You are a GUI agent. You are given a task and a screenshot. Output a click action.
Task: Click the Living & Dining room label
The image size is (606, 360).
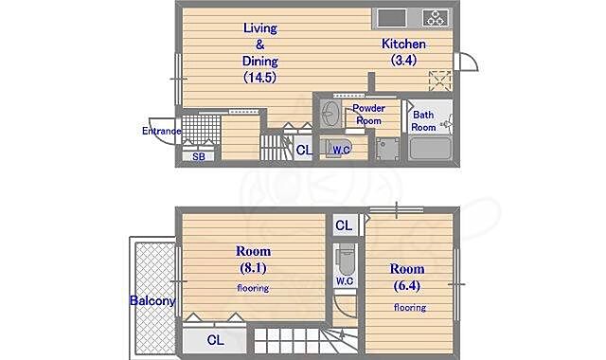(260, 53)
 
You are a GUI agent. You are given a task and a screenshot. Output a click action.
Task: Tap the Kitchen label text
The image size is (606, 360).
(404, 44)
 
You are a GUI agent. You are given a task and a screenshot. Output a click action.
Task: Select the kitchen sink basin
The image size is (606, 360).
(391, 18)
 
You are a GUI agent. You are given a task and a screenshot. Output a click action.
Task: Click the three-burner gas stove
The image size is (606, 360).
(436, 18)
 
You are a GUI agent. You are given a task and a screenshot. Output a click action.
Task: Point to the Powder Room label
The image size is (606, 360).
(368, 115)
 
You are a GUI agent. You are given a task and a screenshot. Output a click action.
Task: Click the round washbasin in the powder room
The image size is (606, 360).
(329, 114)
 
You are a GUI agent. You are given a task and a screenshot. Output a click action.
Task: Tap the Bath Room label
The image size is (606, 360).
(423, 121)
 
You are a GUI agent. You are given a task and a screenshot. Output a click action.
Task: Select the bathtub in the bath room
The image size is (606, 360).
(430, 148)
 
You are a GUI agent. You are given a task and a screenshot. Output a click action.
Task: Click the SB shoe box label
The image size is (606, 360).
(198, 156)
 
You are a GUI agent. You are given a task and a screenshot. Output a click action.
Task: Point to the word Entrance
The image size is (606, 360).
(162, 131)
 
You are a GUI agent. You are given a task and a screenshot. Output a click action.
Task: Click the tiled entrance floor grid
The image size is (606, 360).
(201, 129)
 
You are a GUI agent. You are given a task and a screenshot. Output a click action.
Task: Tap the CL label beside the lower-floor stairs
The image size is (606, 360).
(304, 150)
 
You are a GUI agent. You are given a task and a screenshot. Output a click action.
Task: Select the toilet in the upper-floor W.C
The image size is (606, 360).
(346, 257)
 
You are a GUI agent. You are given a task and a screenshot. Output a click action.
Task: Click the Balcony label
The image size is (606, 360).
(152, 300)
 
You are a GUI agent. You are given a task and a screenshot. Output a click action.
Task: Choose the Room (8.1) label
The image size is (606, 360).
(253, 260)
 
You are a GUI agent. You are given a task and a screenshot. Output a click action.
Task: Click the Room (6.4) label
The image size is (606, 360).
(407, 278)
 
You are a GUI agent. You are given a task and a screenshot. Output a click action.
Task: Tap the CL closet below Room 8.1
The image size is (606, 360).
(215, 340)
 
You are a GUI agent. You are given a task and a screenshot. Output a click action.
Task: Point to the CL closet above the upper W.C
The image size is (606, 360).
(344, 225)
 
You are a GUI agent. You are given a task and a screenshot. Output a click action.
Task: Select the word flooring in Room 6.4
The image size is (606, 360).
(410, 307)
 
